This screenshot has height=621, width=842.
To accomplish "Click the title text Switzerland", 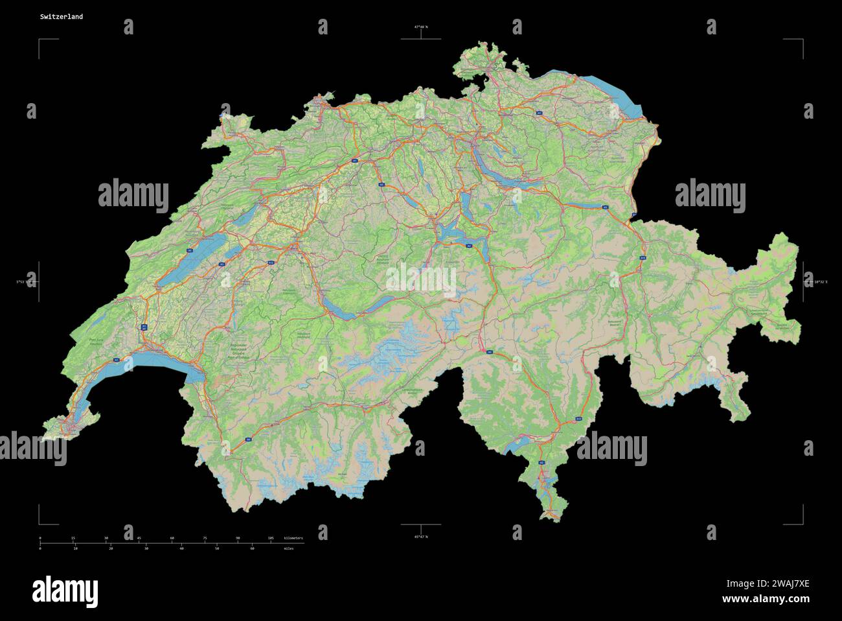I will tap(61, 17).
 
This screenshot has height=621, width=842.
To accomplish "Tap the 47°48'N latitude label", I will tap(421, 27).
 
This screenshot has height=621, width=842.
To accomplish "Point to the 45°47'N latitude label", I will tap(421, 537).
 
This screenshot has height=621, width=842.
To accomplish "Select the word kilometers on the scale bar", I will tap(293, 539).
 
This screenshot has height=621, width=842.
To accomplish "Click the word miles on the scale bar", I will tap(288, 549).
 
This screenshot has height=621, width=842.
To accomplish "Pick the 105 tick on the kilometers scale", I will tap(271, 539).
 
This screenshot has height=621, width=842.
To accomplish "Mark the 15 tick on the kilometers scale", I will tap(73, 539).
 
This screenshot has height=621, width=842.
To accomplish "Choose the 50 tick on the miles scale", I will tap(217, 549).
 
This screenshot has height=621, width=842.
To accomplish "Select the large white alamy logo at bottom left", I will tap(65, 591).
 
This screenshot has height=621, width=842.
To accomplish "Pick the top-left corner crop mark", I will tap(40, 41).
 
